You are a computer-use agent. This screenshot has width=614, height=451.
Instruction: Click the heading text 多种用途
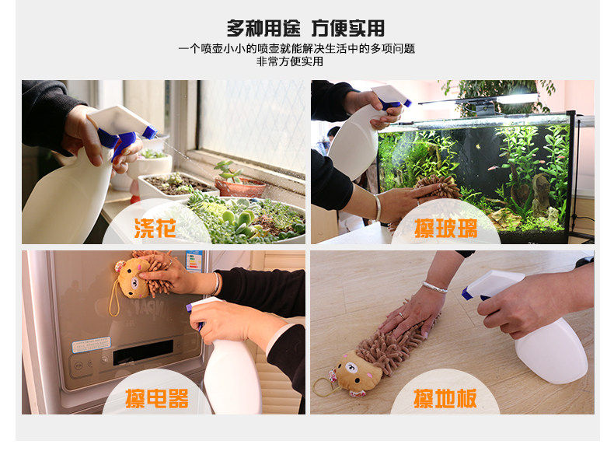pyautogui.click(x=263, y=28)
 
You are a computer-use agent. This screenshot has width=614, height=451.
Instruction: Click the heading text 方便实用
pyautogui.click(x=347, y=28)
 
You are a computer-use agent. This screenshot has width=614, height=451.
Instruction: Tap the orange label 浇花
pyautogui.click(x=155, y=228)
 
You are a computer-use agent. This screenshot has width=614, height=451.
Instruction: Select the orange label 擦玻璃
pyautogui.click(x=446, y=229)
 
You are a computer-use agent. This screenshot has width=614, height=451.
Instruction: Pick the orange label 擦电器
pyautogui.click(x=157, y=398)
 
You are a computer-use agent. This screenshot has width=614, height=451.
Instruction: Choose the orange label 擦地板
pyautogui.click(x=445, y=398)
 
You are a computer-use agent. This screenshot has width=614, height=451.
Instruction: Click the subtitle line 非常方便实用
pyautogui.click(x=290, y=61)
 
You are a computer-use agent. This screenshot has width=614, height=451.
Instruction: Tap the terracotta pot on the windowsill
pyautogui.click(x=239, y=187)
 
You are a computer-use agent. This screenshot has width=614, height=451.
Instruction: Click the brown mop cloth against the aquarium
pyautogui.click(x=438, y=187)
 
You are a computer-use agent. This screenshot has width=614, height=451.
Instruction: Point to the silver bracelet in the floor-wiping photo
pyautogui.click(x=434, y=287)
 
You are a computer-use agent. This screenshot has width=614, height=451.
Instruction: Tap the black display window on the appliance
pyautogui.click(x=143, y=352)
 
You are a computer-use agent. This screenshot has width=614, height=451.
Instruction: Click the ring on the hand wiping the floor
pyautogui.click(x=401, y=315)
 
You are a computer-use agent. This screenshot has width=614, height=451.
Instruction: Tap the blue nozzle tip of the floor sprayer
pyautogui.click(x=466, y=293)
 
